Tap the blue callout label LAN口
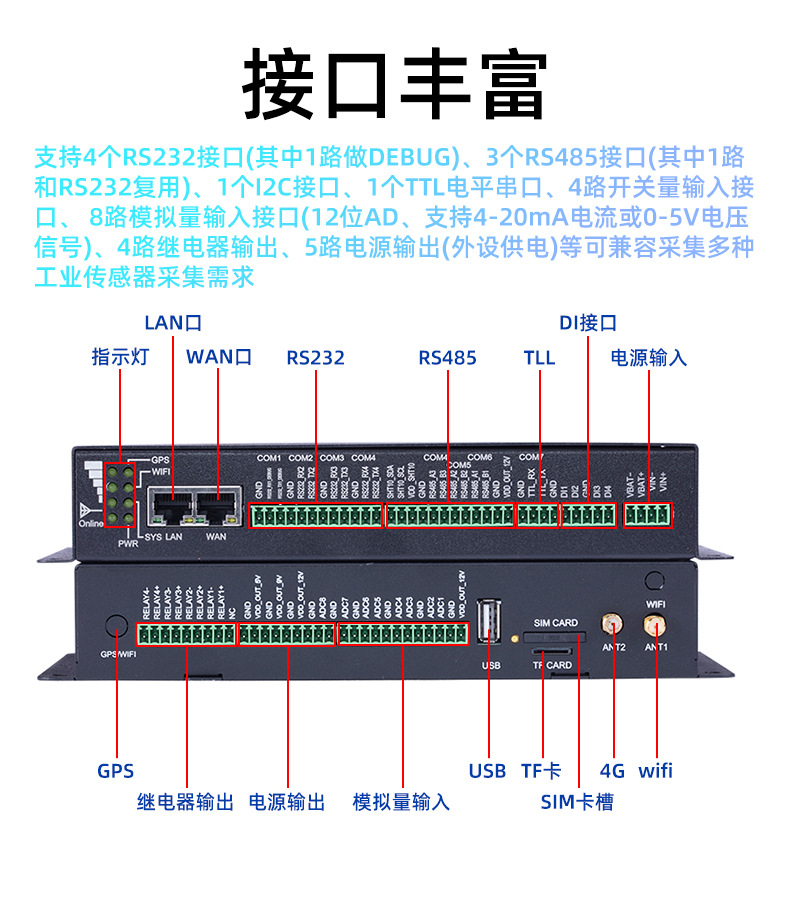[x=173, y=322]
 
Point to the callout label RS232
[x=315, y=357]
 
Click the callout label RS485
[x=447, y=357]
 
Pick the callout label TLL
[x=539, y=357]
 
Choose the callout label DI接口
[x=587, y=322]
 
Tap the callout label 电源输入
[x=649, y=357]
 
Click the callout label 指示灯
[x=120, y=357]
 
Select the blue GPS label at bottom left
[x=115, y=771]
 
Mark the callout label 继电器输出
[x=185, y=802]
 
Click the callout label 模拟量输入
[x=401, y=802]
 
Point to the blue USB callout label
[x=487, y=771]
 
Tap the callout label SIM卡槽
[x=577, y=802]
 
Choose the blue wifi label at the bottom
[x=655, y=771]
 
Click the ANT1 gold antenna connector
[x=655, y=626]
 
